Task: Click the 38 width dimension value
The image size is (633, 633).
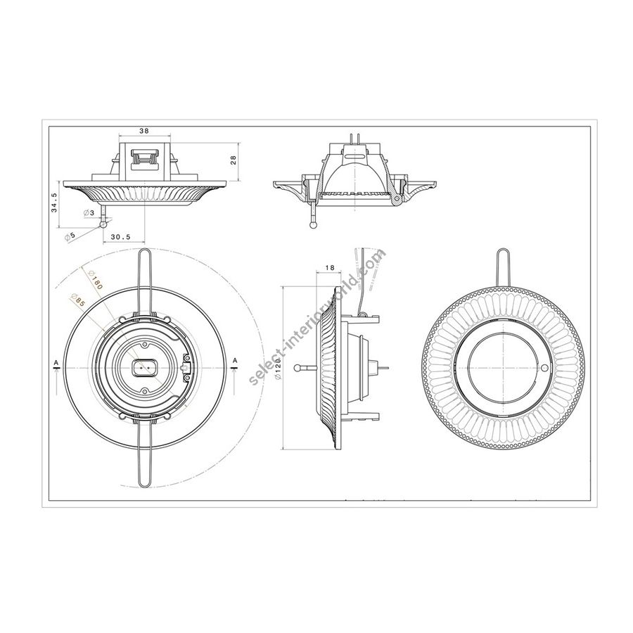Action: click(x=144, y=131)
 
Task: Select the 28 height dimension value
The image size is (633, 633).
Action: click(x=233, y=160)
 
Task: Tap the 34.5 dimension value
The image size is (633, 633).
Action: click(x=54, y=203)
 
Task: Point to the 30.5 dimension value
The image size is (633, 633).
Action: click(x=120, y=238)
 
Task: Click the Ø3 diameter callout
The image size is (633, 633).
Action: click(x=89, y=212)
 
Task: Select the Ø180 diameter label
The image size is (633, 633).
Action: click(x=95, y=279)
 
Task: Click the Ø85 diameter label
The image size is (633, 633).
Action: click(x=77, y=300)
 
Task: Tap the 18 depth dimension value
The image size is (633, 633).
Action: click(x=329, y=267)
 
